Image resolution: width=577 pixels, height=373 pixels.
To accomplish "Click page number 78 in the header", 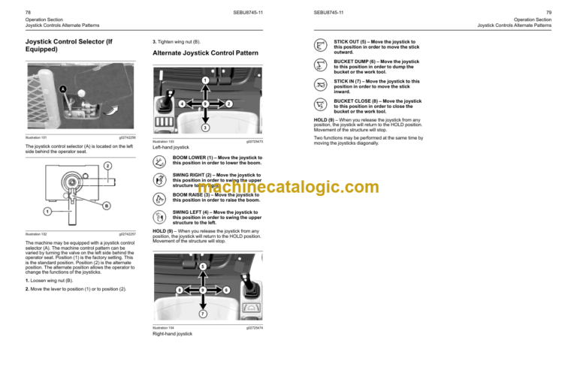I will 28,13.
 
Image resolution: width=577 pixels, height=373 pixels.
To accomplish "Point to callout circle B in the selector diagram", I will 106,206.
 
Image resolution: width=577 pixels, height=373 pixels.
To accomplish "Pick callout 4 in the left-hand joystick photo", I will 181,103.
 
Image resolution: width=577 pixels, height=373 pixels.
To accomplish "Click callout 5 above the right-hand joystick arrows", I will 203,266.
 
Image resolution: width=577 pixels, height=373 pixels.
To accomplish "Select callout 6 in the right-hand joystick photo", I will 180,290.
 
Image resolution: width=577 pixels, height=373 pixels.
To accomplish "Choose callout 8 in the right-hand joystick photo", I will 226,290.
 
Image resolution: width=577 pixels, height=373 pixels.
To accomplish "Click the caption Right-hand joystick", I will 172,332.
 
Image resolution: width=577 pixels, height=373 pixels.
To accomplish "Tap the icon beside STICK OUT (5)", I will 320,45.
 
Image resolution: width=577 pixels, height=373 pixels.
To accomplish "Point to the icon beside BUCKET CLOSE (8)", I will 320,104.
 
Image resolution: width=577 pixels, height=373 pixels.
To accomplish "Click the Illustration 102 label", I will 36,233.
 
